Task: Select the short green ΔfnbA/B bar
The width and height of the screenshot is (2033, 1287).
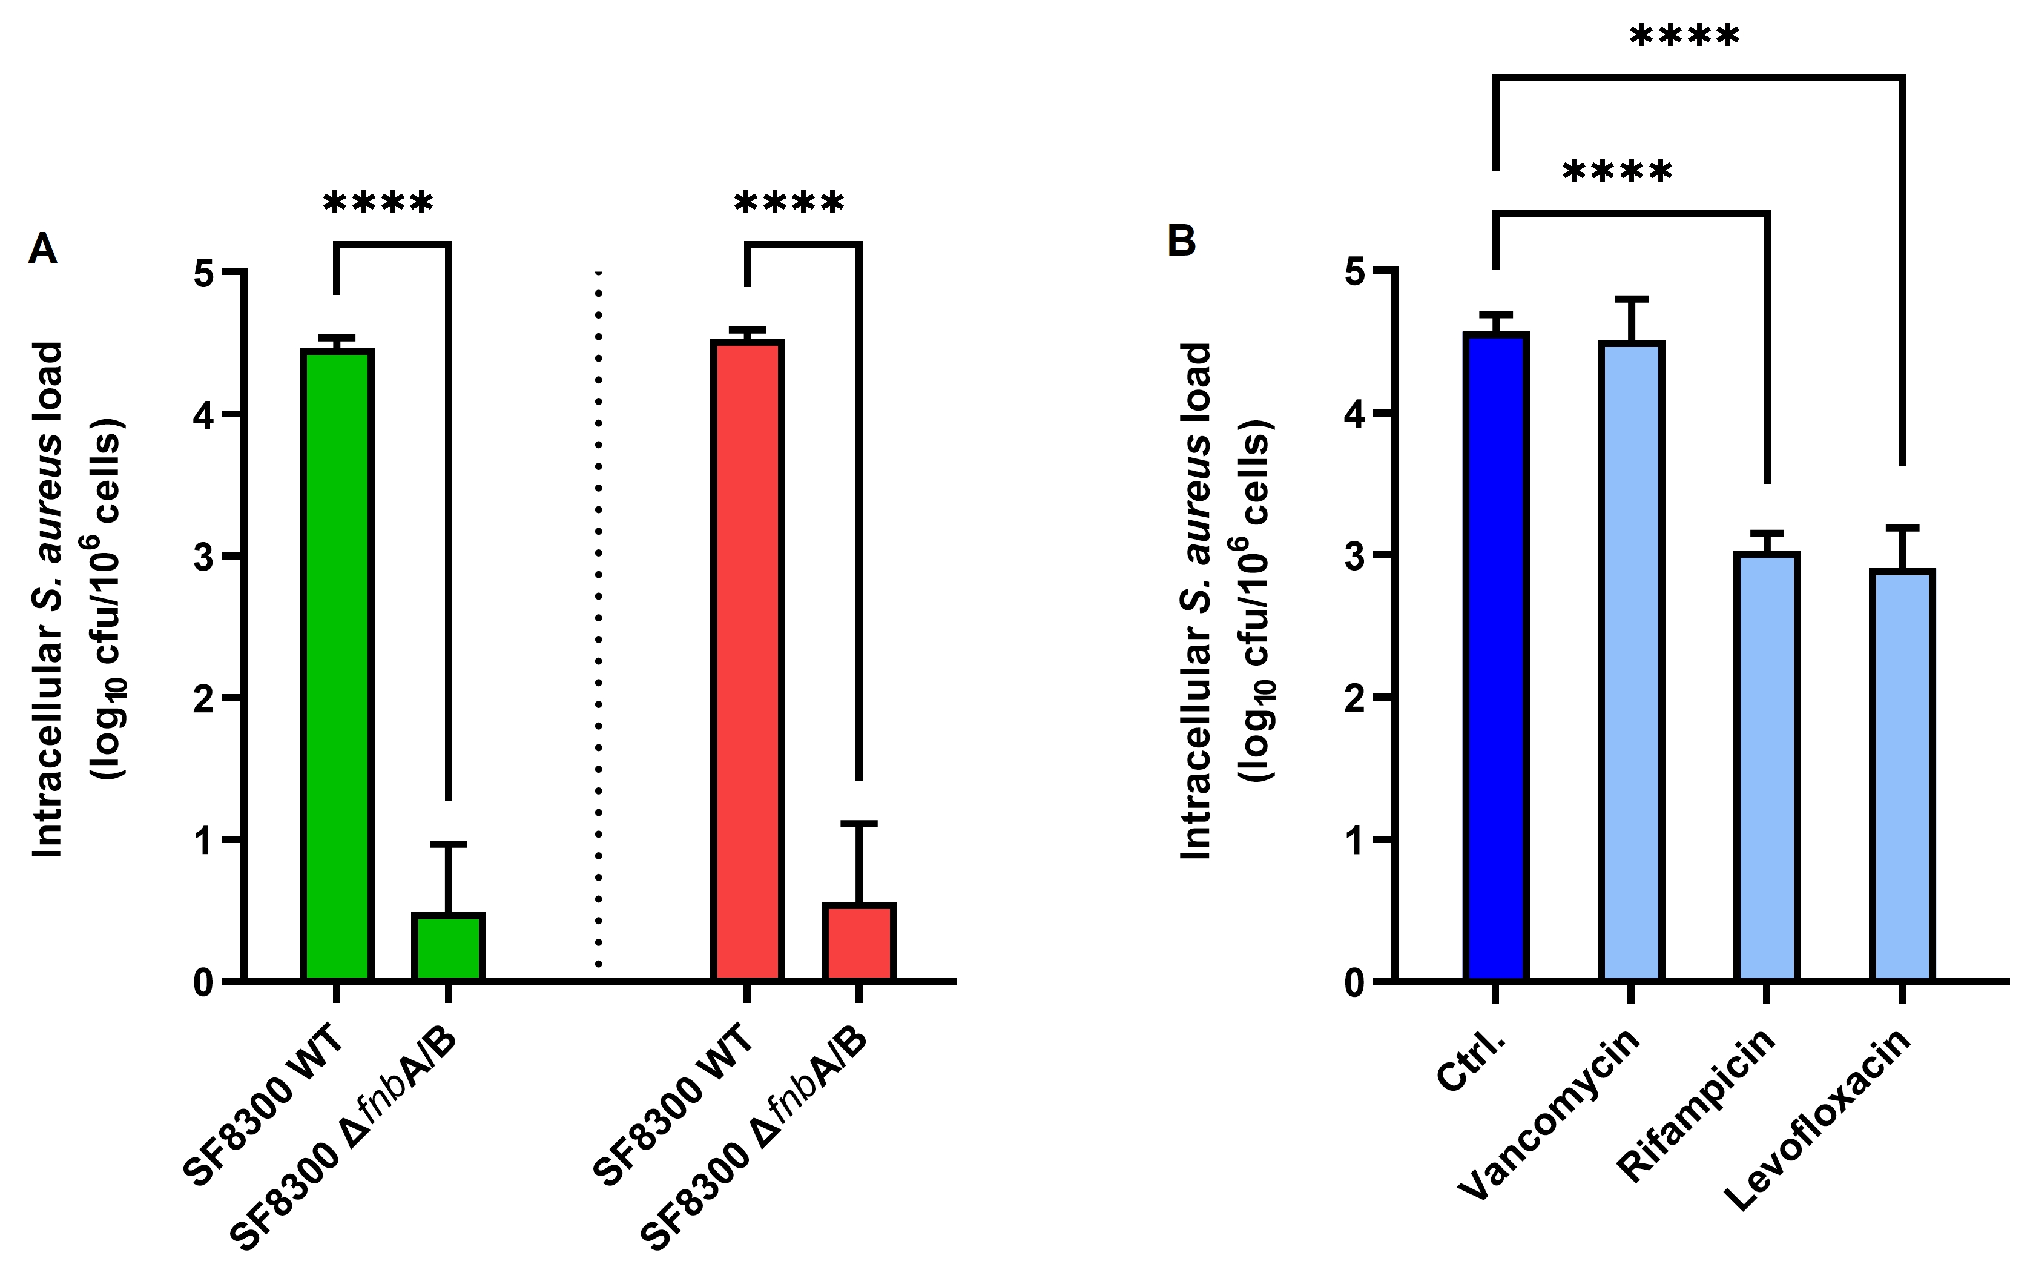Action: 448,947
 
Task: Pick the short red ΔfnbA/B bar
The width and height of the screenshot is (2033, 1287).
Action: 858,942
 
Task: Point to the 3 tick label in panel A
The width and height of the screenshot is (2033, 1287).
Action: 203,557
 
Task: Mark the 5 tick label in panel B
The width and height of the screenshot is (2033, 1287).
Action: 1354,272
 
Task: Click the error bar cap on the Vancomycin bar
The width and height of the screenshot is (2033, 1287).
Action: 1631,299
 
